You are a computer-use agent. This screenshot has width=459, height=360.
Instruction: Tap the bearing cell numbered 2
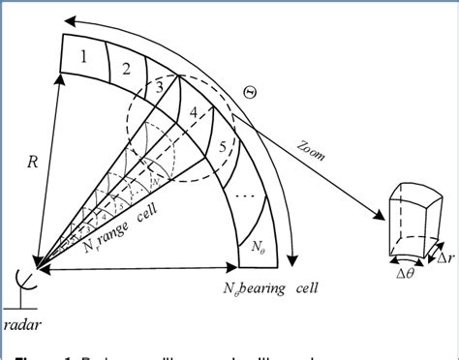(x=126, y=67)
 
